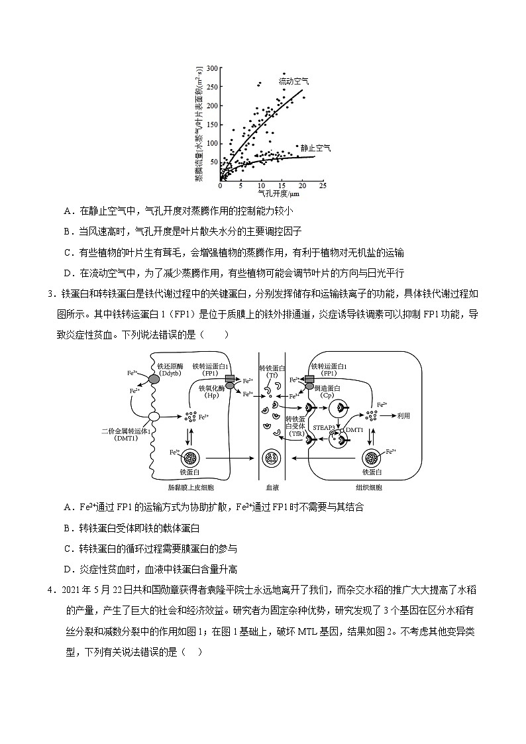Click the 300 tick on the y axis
(x=213, y=68)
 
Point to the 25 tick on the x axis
(x=323, y=186)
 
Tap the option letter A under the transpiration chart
(x=68, y=211)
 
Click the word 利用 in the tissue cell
(x=403, y=415)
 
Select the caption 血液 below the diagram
(x=272, y=488)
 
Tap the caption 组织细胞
(x=368, y=488)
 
